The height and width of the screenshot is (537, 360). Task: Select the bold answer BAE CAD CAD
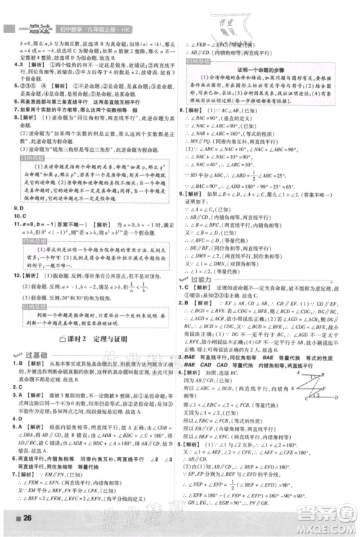(205, 365)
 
